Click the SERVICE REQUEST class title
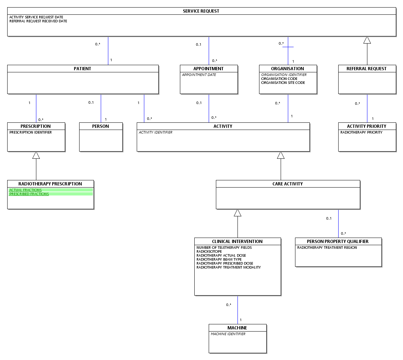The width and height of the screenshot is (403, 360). point(201,11)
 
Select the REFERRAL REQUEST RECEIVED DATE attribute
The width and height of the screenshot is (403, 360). point(38,21)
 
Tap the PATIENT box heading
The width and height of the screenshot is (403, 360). point(82,69)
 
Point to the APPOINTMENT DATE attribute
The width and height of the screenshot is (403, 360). point(199,75)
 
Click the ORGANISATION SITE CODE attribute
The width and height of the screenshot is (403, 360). point(283,82)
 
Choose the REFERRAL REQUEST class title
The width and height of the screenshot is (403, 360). point(367,69)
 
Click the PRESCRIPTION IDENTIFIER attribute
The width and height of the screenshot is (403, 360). point(31,132)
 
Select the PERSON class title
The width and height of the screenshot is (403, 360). point(100,126)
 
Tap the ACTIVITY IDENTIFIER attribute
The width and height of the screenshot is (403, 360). point(155,132)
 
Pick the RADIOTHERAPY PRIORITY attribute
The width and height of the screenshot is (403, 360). point(361,132)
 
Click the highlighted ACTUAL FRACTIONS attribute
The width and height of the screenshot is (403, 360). point(26,190)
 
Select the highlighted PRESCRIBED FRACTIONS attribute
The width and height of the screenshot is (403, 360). point(29,194)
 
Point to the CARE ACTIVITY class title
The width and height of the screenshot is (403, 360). point(287,184)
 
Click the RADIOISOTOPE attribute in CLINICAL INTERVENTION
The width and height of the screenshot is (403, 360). point(209,252)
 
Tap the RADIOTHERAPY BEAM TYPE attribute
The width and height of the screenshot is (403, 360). point(219,260)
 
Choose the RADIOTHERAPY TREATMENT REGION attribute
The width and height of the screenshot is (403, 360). point(327,248)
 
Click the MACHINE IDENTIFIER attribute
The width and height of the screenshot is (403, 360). point(228,334)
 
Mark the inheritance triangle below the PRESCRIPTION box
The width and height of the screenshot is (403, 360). point(36,155)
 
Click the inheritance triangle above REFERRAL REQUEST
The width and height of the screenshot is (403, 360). point(367,40)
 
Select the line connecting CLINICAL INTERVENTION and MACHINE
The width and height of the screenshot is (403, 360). point(238,310)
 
